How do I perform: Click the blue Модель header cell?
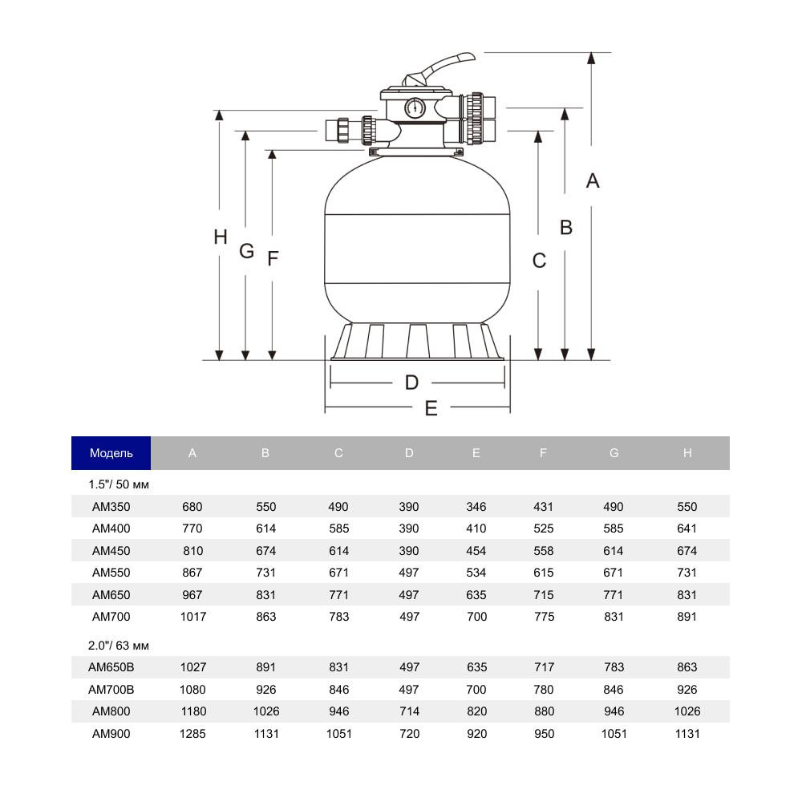(x=111, y=453)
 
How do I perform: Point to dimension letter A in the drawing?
(x=592, y=181)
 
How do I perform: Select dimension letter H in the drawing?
(x=221, y=237)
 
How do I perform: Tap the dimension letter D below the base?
(x=411, y=383)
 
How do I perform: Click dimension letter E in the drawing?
(x=431, y=408)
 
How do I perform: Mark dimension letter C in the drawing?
(x=539, y=261)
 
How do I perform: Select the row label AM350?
(x=111, y=507)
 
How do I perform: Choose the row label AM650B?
(x=111, y=667)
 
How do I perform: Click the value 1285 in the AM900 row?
(x=192, y=733)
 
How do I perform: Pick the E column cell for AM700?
(x=476, y=617)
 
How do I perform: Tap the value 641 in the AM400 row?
(x=687, y=529)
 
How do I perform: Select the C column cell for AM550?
(x=338, y=573)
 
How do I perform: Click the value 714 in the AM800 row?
(x=409, y=711)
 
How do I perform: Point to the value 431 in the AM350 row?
(x=543, y=507)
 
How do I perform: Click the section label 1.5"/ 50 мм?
(x=119, y=484)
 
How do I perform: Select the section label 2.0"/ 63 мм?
(x=119, y=645)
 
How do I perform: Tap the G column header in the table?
(x=614, y=453)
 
